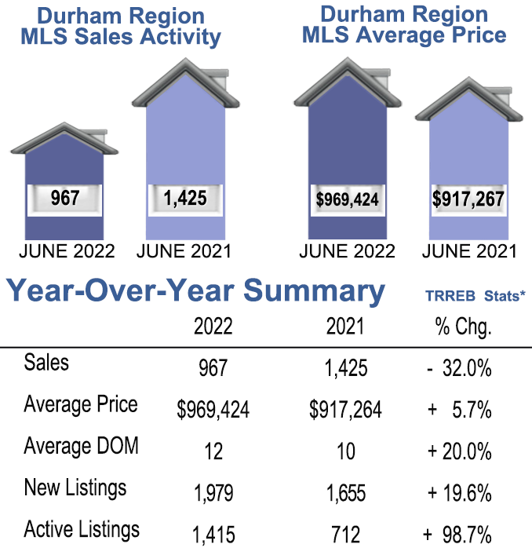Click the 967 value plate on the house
pyautogui.click(x=64, y=199)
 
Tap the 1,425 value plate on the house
pyautogui.click(x=185, y=199)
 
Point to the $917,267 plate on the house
pyautogui.click(x=468, y=199)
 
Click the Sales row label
pyautogui.click(x=46, y=363)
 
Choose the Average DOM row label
pyautogui.click(x=82, y=446)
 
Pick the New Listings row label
pyautogui.click(x=75, y=487)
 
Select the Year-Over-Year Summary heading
pyautogui.click(x=196, y=291)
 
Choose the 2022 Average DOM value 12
pyautogui.click(x=213, y=451)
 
